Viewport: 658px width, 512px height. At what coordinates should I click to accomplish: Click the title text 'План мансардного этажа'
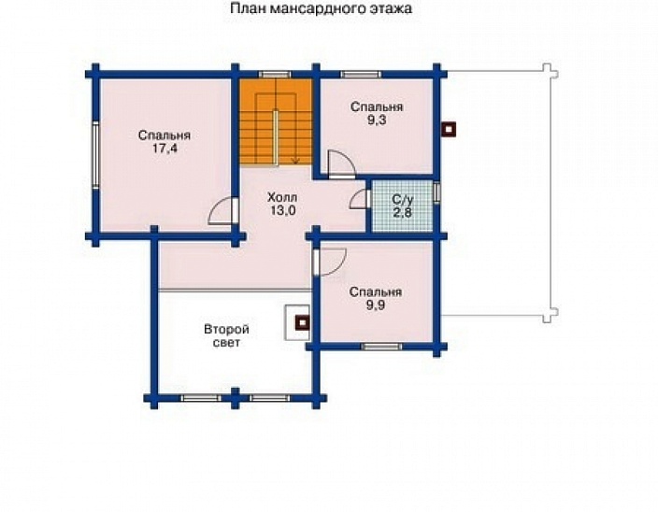pyautogui.click(x=320, y=10)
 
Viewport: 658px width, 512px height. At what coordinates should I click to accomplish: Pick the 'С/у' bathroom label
pyautogui.click(x=402, y=199)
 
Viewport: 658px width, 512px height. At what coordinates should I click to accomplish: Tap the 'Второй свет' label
pyautogui.click(x=225, y=336)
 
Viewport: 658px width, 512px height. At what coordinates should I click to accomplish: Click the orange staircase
pyautogui.click(x=275, y=121)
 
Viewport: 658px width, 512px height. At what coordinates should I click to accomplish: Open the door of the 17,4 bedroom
pyautogui.click(x=220, y=212)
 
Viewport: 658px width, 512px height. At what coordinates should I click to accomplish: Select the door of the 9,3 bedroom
pyautogui.click(x=337, y=163)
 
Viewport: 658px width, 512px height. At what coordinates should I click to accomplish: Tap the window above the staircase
pyautogui.click(x=274, y=73)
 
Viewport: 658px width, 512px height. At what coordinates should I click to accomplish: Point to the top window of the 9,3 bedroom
pyautogui.click(x=360, y=73)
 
